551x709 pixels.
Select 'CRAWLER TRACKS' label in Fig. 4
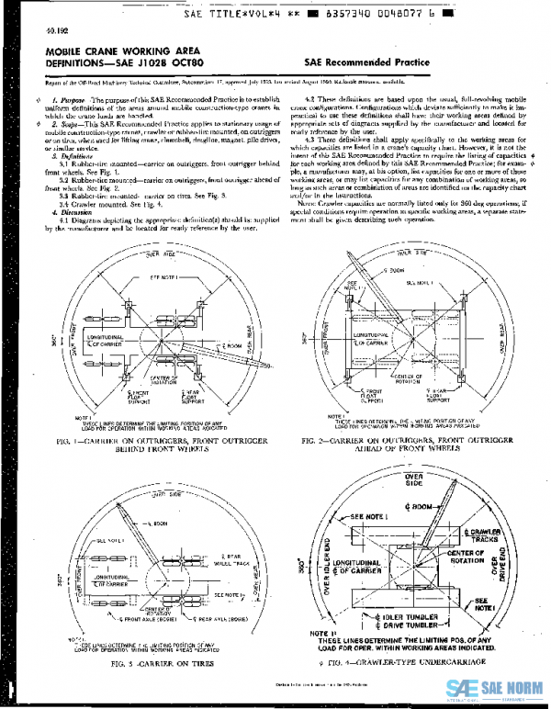coord(485,537)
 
